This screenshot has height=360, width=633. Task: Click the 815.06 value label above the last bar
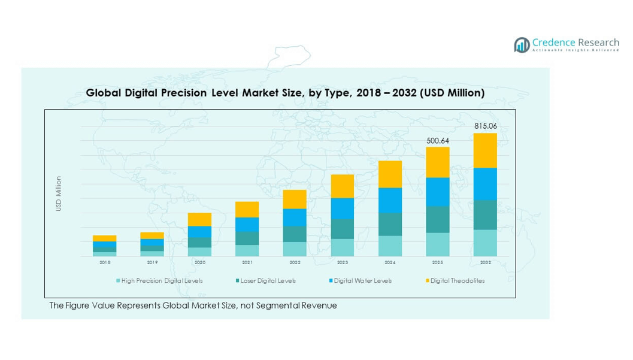(485, 126)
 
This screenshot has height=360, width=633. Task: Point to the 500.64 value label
(437, 141)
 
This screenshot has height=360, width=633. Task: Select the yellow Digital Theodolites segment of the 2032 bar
(485, 150)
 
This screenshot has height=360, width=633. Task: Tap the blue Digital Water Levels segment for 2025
(438, 192)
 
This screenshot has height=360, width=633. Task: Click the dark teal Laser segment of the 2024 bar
(390, 224)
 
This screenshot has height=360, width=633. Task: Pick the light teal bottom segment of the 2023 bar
(343, 247)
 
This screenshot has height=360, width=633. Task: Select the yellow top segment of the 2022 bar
(295, 199)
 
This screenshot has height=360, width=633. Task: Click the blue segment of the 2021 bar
(247, 224)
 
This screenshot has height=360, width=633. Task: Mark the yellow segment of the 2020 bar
(199, 219)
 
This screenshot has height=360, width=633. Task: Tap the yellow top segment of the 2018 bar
(104, 238)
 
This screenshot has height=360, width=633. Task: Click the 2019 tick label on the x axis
(152, 262)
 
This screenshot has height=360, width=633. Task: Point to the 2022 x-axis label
(295, 262)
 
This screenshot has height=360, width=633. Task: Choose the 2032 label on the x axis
(485, 262)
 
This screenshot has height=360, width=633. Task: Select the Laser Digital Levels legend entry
(268, 280)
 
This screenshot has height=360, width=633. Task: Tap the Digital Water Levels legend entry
(362, 280)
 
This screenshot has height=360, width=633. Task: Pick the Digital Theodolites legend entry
(457, 280)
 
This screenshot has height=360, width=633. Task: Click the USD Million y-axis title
(59, 193)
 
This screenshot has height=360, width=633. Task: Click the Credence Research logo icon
(522, 45)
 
